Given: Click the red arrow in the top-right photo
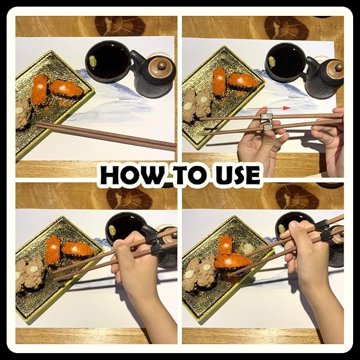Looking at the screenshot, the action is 269,108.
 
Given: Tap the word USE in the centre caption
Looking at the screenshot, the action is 237,175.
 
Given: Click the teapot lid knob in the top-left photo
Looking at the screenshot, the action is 162,65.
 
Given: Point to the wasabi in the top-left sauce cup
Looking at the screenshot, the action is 93,61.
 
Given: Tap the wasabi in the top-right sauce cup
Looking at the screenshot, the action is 271,62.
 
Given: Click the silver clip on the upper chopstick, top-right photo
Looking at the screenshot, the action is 266,118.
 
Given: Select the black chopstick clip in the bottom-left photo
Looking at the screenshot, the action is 154,243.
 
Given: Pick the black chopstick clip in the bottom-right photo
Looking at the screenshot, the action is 324,230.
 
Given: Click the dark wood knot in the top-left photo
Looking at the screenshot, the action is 120,26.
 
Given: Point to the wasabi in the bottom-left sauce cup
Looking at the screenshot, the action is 112,231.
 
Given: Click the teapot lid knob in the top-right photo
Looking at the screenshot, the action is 339,67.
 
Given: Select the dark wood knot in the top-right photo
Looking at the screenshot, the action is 286,28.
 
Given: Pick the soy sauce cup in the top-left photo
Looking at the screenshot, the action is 108,62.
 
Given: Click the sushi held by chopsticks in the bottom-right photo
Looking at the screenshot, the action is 233,262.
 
